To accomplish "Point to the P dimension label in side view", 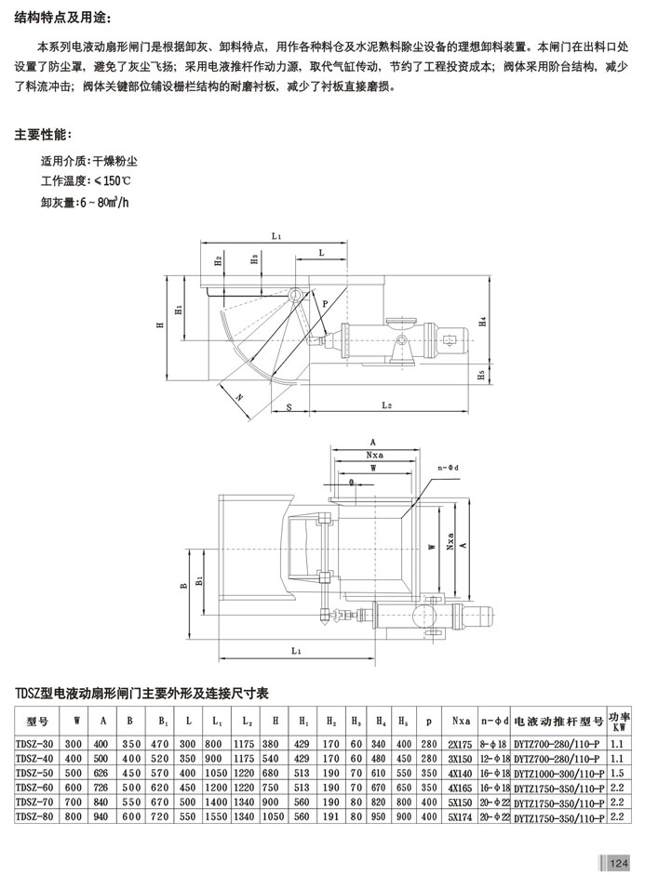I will click(x=325, y=304).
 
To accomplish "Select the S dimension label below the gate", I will click(x=289, y=407).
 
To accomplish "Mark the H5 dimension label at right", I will click(x=481, y=376).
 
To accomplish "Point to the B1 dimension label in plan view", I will click(x=198, y=582).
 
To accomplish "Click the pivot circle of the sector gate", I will click(x=294, y=295).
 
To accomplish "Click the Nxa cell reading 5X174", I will click(x=461, y=817).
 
